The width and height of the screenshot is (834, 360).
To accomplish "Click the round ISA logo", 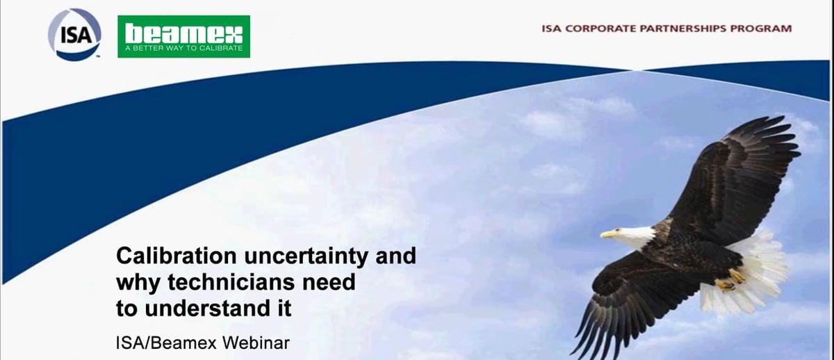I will [74, 33].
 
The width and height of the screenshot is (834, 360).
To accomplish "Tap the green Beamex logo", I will [183, 36].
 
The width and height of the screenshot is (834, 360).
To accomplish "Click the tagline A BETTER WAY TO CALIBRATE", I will [183, 49].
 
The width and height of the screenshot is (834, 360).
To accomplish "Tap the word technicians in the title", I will [229, 282].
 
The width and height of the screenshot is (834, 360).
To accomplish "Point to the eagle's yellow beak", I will [607, 234].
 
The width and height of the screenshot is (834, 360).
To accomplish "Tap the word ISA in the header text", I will [552, 29].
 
